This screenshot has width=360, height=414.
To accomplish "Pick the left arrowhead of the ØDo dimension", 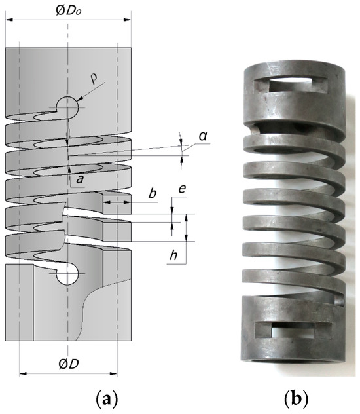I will [9, 18].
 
